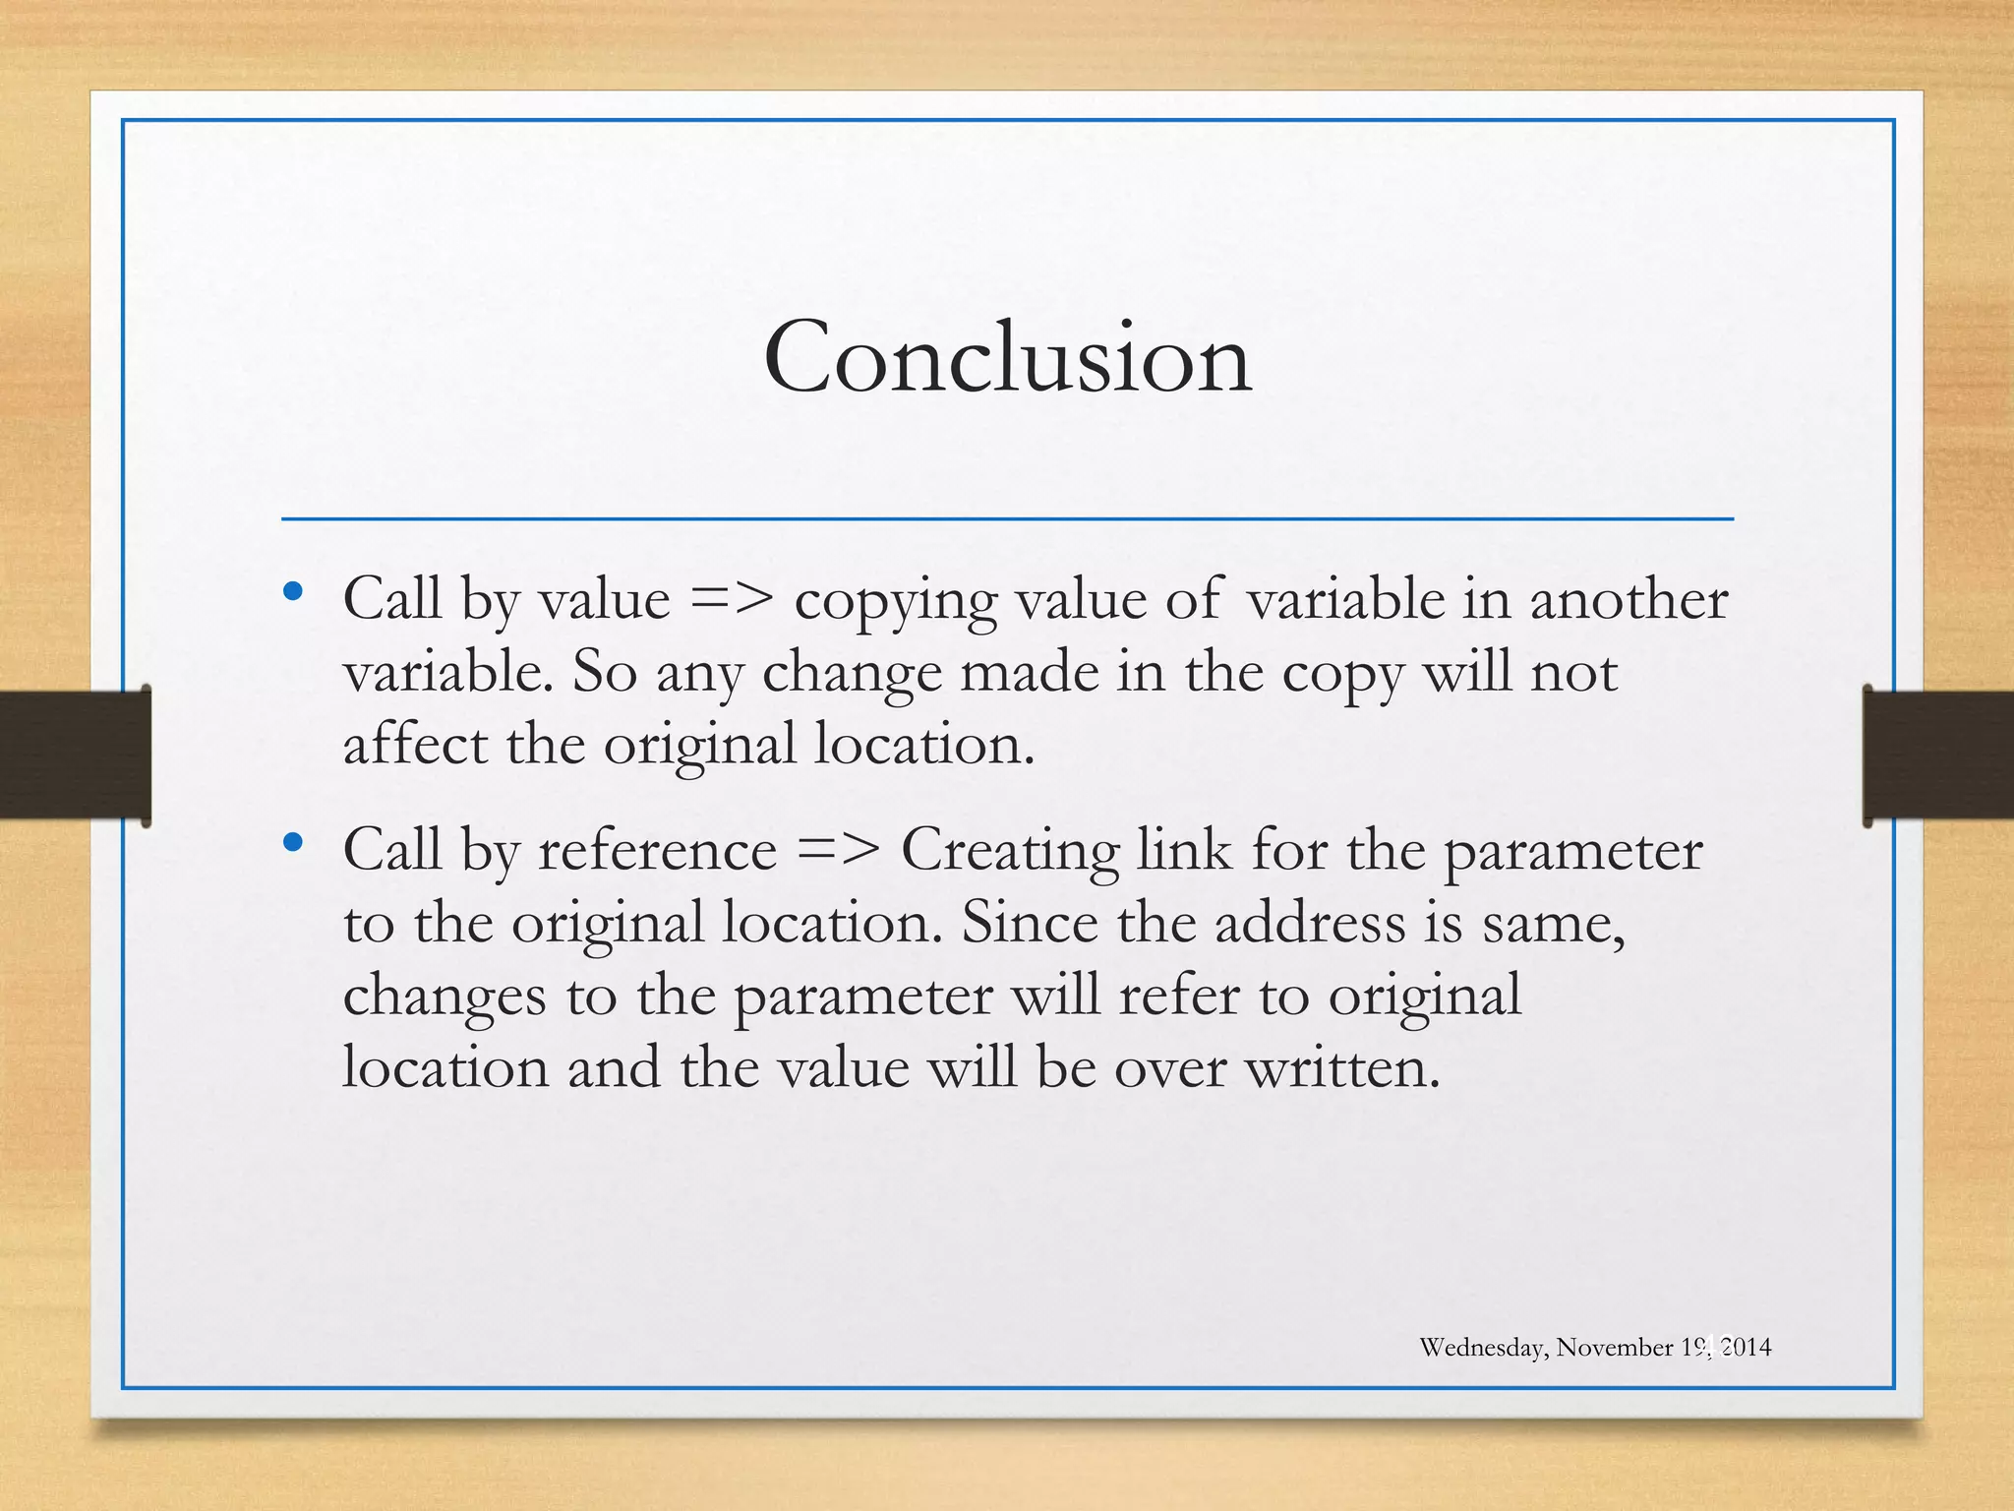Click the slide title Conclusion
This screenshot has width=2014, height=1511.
(1007, 358)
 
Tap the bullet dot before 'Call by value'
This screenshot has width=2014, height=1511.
(292, 592)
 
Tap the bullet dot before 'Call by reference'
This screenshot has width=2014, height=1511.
(292, 843)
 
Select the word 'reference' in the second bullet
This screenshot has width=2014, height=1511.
(657, 850)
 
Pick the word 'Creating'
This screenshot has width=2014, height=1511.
(1010, 850)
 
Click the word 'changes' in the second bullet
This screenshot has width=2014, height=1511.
(444, 996)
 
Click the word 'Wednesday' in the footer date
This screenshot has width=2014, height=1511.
(1482, 1348)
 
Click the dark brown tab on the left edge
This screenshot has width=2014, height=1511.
(75, 755)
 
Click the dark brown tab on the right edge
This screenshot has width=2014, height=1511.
(1938, 755)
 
